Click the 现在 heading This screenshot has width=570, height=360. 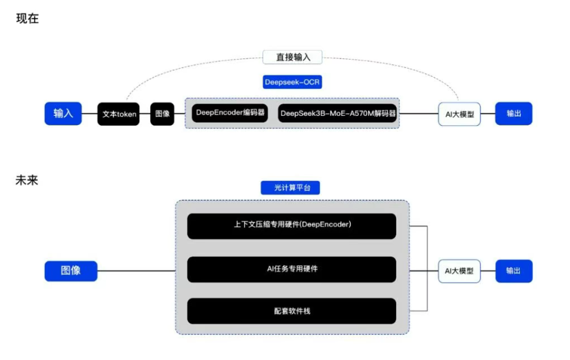point(27,19)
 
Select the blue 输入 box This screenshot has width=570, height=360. point(63,113)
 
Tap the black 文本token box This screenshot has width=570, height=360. point(119,114)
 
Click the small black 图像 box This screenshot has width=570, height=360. point(162,114)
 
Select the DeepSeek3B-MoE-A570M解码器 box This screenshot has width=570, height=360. point(338,113)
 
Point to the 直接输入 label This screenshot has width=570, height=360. point(292,57)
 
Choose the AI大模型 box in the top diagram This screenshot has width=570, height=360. point(459,114)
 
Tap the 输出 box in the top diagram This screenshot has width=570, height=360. point(513,113)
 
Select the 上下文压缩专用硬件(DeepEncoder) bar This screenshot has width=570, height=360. point(292,226)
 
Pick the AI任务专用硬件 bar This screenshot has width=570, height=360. point(292,269)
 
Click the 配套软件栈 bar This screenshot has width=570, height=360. point(292,311)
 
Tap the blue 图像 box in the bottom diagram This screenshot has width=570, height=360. point(70,270)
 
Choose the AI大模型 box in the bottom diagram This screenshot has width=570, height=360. point(459,271)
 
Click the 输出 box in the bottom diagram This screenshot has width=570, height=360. point(513,271)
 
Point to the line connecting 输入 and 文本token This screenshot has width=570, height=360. point(90,114)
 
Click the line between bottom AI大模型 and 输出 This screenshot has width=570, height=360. point(488,271)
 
